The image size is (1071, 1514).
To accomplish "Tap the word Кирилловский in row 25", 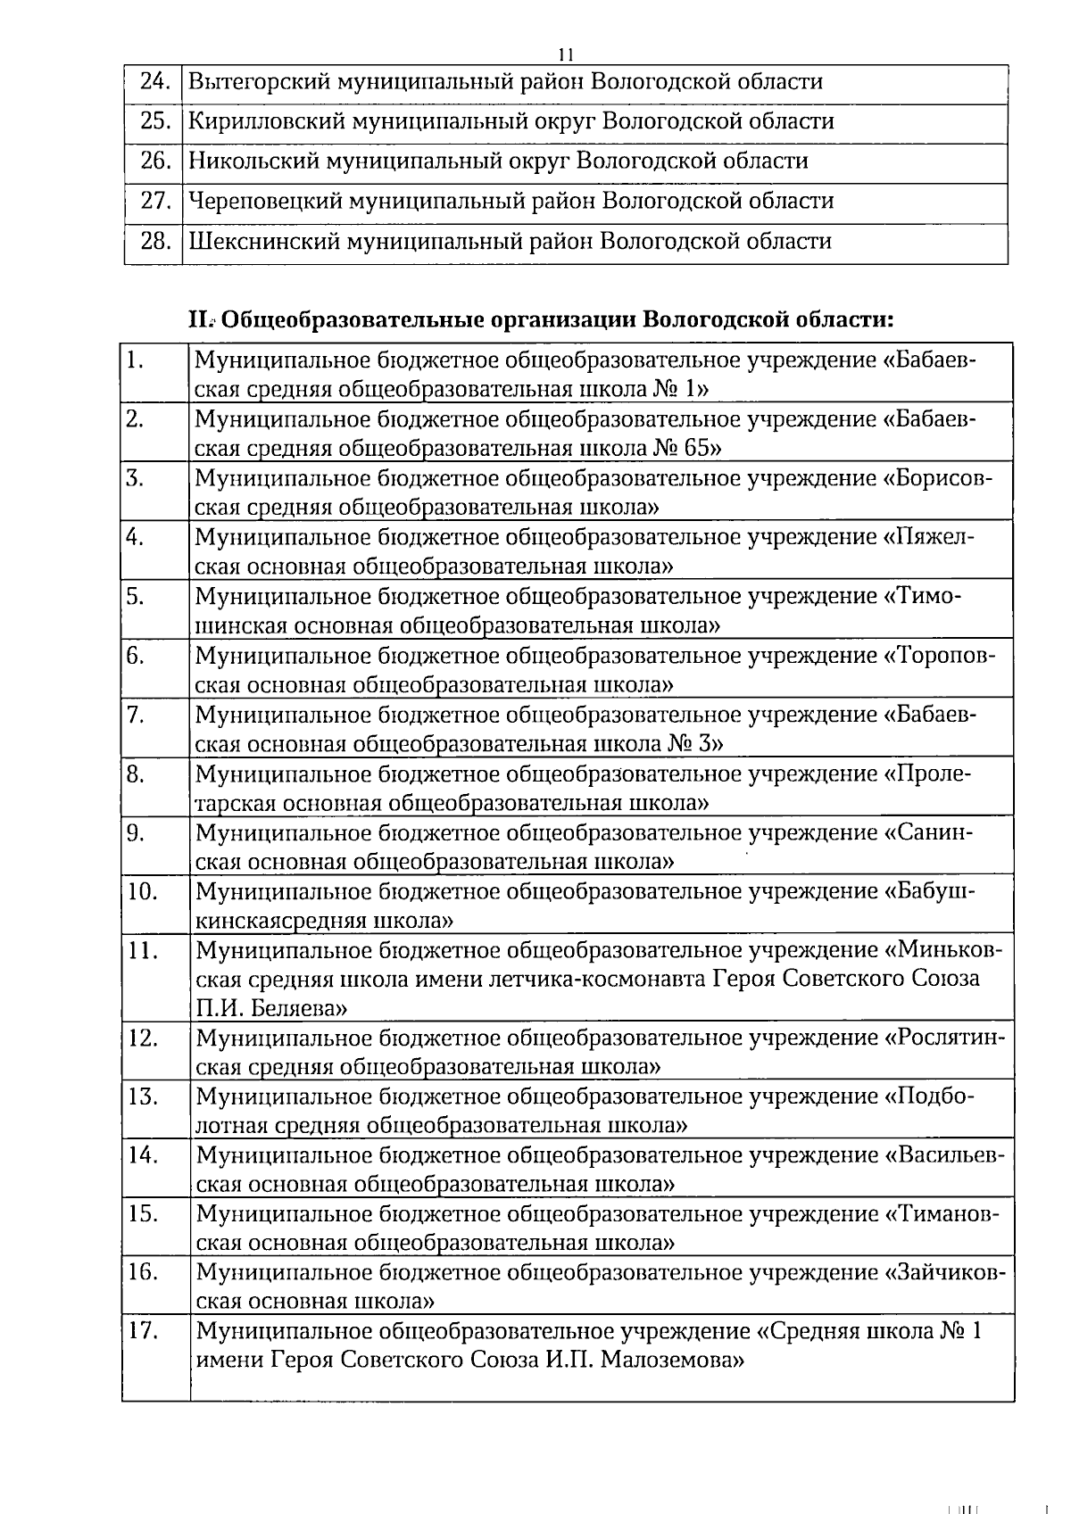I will (264, 121).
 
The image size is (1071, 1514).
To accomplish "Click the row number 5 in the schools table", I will (136, 597).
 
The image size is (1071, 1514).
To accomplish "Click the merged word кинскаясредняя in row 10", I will (281, 920).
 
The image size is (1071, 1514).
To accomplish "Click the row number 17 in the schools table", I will (143, 1332).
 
